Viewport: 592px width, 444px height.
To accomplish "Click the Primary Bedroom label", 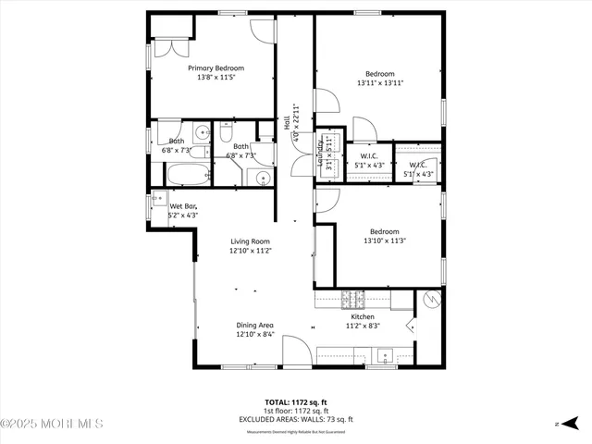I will [x=216, y=68].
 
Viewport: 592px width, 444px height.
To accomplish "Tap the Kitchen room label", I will [x=362, y=316].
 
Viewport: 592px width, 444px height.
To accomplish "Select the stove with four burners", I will [x=352, y=299].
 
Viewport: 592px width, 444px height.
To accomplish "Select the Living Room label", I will [x=251, y=240].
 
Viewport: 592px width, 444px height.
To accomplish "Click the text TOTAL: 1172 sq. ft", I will [x=295, y=402].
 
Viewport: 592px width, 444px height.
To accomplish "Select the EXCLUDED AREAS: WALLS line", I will [x=296, y=417].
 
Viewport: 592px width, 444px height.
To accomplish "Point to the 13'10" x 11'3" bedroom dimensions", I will [x=380, y=241].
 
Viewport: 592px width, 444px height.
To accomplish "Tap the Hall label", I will [x=288, y=120].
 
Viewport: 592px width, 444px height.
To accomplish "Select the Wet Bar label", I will [x=183, y=206].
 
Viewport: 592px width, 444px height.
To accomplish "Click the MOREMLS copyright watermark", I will [x=53, y=425].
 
